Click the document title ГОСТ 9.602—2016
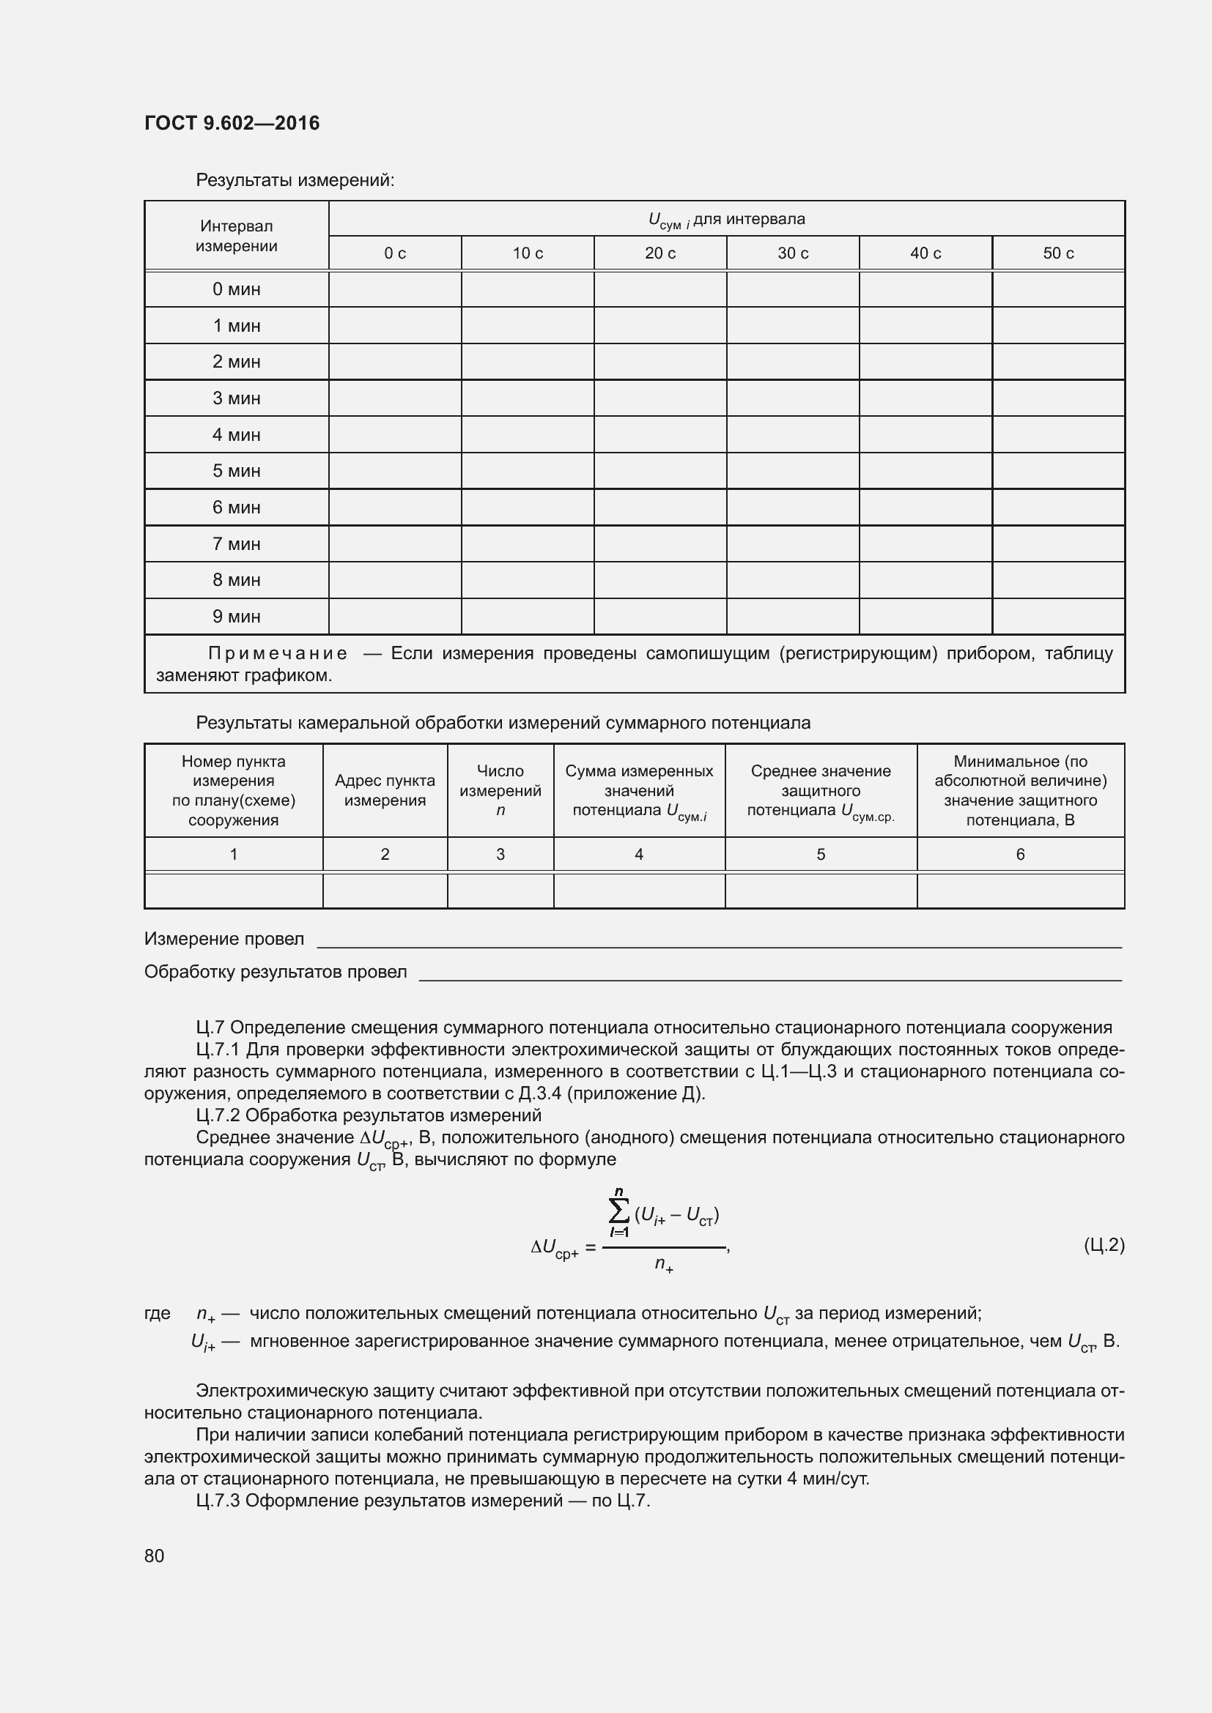(x=232, y=123)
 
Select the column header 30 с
(x=793, y=253)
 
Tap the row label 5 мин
(x=236, y=471)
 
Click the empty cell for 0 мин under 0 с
(x=395, y=289)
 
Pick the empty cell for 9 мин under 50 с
(x=1057, y=616)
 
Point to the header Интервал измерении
(x=236, y=236)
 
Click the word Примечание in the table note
(x=278, y=653)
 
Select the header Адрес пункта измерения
(x=385, y=790)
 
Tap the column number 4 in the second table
(x=639, y=854)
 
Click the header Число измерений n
(x=500, y=790)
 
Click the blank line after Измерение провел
(x=718, y=942)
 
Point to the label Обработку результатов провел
(x=276, y=972)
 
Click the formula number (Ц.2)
(x=1103, y=1244)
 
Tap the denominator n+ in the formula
(x=663, y=1264)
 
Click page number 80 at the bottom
(x=155, y=1556)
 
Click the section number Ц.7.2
(x=217, y=1115)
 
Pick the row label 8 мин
(x=236, y=580)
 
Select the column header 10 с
(x=528, y=253)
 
